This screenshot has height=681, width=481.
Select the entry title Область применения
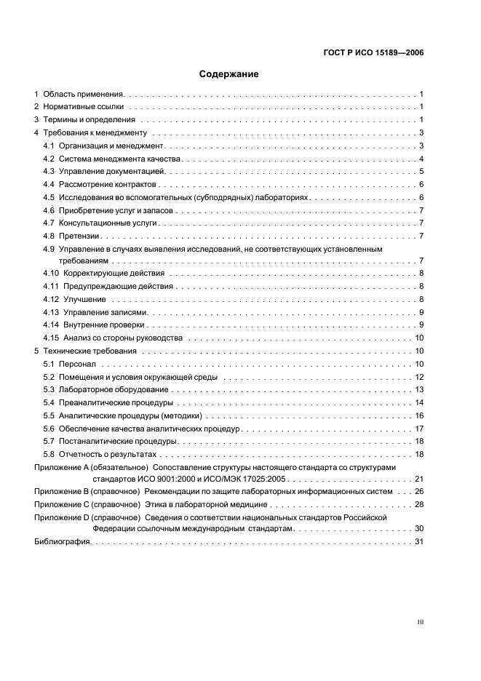point(84,95)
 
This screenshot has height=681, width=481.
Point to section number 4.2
point(49,159)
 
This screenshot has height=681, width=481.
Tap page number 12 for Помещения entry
point(419,377)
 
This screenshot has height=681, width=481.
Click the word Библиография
point(62,542)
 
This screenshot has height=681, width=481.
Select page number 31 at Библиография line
point(419,542)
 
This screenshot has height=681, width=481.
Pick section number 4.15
point(51,338)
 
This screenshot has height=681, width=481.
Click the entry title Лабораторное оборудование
point(111,390)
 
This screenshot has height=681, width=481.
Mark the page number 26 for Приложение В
point(419,492)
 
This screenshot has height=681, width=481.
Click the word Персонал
point(76,364)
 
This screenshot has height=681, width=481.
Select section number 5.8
point(49,454)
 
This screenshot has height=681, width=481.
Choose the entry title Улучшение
point(84,300)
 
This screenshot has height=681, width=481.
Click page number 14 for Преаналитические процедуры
point(419,402)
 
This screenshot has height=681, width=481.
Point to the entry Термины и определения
point(90,120)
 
